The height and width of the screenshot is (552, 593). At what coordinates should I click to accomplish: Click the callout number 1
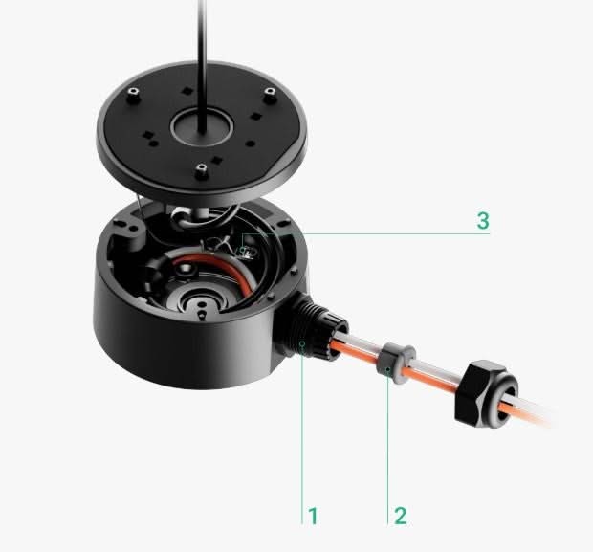[x=313, y=516]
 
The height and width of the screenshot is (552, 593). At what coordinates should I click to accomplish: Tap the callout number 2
[x=401, y=516]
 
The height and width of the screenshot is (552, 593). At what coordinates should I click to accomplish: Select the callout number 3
[x=483, y=221]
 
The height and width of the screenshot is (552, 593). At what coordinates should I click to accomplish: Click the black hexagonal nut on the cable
[x=485, y=394]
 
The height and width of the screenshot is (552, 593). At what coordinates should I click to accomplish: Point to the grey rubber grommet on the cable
[x=395, y=364]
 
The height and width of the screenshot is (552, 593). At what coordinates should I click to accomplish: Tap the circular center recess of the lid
[x=201, y=127]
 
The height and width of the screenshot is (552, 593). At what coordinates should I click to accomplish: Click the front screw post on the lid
[x=202, y=171]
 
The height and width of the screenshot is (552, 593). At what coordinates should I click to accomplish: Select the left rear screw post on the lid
[x=132, y=96]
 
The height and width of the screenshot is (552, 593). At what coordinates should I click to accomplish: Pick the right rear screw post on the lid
[x=269, y=96]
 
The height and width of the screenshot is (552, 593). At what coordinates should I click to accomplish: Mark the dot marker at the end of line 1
[x=302, y=343]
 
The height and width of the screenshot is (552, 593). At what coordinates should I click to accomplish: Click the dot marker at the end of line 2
[x=387, y=369]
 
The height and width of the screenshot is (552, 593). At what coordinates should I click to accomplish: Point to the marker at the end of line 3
[x=243, y=250]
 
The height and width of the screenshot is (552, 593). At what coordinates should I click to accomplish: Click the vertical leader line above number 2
[x=387, y=448]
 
